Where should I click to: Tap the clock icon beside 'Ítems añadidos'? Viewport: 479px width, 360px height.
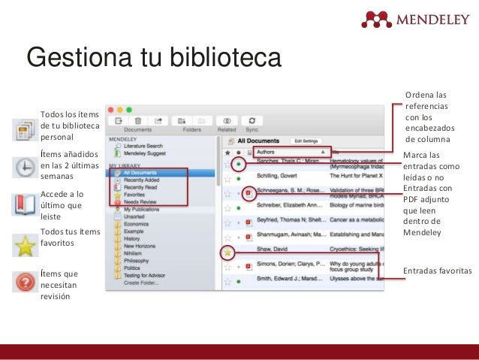(x=24, y=167)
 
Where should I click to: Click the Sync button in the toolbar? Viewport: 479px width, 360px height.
(x=252, y=121)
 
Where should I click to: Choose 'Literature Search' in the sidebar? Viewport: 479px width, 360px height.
(x=143, y=146)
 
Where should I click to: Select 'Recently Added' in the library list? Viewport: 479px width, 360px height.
(x=142, y=180)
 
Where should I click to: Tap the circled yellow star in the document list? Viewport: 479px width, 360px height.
(x=227, y=251)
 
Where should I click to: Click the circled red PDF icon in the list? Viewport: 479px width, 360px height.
(x=249, y=193)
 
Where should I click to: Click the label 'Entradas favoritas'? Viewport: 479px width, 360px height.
(x=437, y=270)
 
